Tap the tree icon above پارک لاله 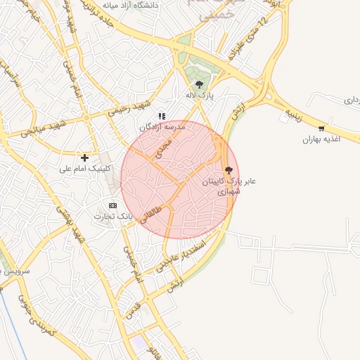point(199,84)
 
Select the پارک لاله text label point(199,95)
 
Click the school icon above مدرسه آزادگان point(162,116)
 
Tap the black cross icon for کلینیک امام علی point(85,157)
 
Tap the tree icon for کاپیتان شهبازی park point(228,169)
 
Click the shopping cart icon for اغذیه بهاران point(322,128)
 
